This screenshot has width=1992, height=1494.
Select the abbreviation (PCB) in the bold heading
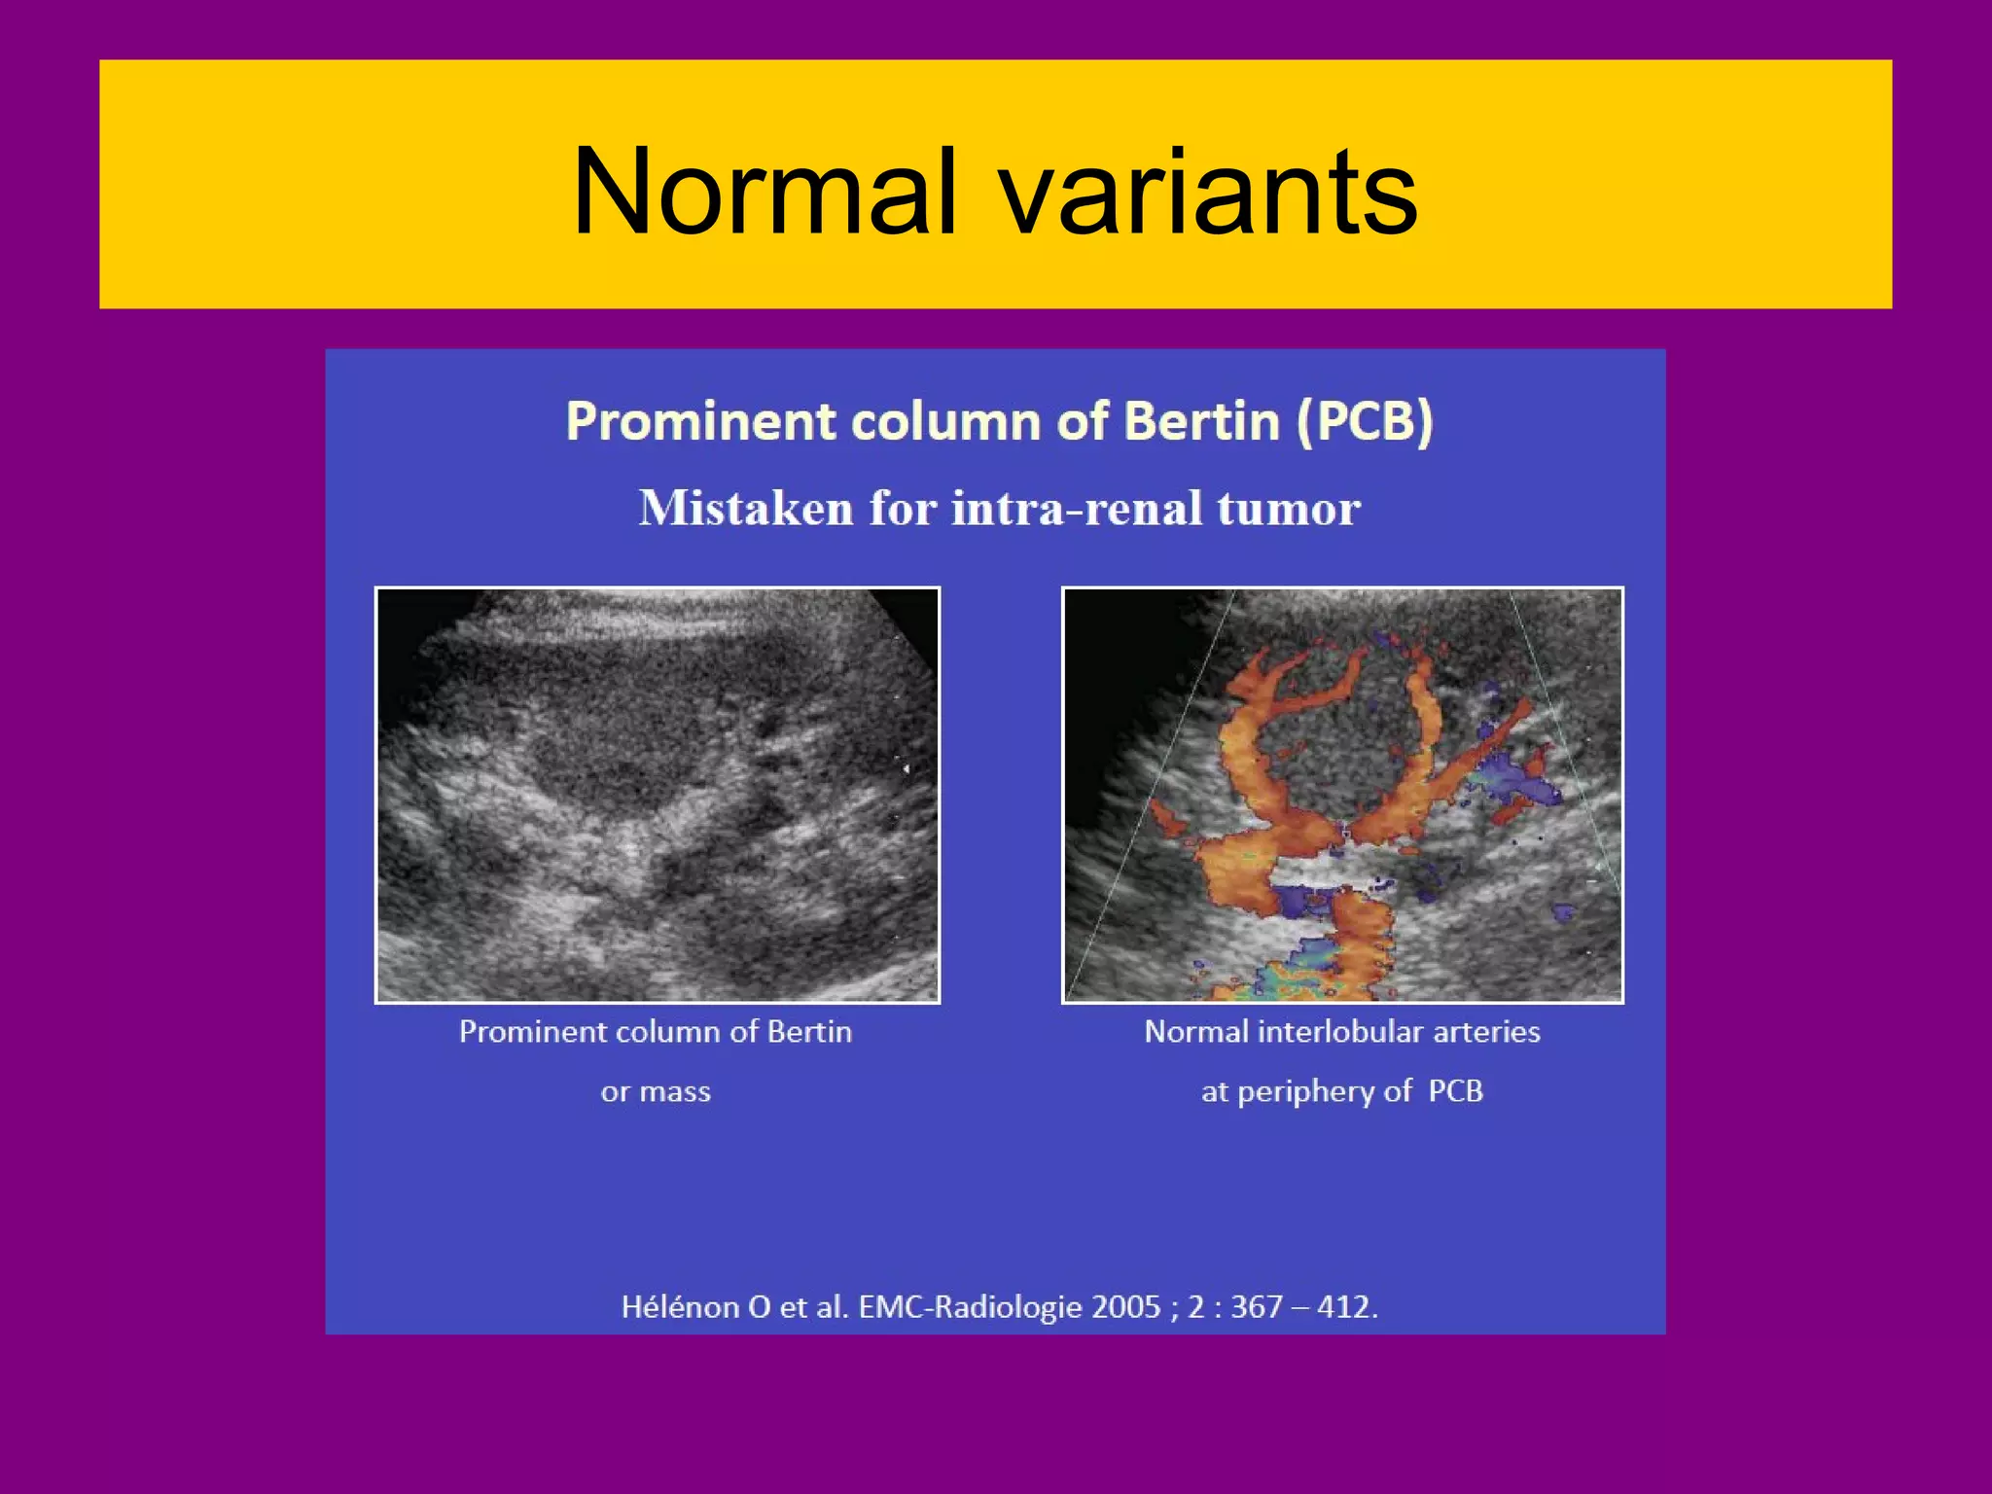coord(1364,422)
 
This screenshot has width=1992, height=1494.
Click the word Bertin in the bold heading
coord(1201,422)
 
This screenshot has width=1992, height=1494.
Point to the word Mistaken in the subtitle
coord(744,508)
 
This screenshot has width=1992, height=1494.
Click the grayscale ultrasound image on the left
coord(658,795)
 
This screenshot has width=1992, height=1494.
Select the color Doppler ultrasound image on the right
coord(1342,795)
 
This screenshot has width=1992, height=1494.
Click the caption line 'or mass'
coord(656,1091)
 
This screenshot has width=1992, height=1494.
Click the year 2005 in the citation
coord(1126,1306)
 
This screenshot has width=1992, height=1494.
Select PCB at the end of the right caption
coord(1456,1091)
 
